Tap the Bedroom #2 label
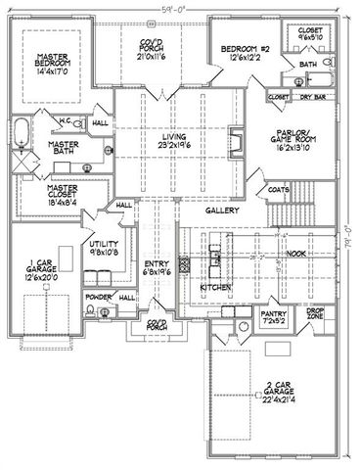(240, 49)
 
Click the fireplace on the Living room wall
(234, 136)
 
